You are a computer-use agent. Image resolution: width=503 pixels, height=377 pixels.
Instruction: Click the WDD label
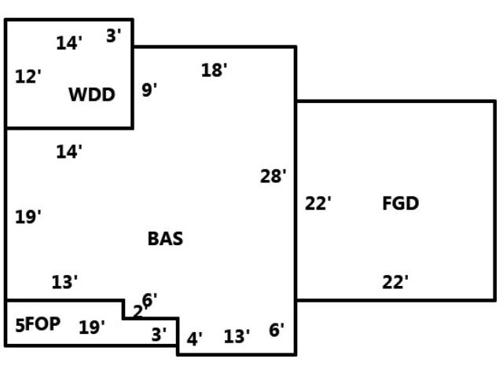click(x=92, y=95)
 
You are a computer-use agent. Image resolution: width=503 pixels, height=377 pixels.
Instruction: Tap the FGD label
click(x=400, y=203)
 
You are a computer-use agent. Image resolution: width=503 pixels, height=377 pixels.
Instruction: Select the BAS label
click(x=165, y=239)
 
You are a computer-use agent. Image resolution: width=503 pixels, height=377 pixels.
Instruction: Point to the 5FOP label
click(x=38, y=324)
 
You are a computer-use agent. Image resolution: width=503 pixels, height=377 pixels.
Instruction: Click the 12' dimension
click(x=28, y=76)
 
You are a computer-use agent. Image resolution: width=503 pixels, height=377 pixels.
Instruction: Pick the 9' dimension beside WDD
click(x=149, y=90)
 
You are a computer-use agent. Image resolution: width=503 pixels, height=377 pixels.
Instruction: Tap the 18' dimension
click(x=214, y=70)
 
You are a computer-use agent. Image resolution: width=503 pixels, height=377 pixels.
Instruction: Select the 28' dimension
click(x=274, y=176)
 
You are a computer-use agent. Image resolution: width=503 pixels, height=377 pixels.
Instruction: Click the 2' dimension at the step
click(x=138, y=312)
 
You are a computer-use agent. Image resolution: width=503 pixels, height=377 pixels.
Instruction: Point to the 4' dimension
click(x=194, y=339)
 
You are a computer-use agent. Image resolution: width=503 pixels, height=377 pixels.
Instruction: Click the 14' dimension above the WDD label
click(x=69, y=43)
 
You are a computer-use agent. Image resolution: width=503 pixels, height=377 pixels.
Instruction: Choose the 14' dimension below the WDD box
click(x=69, y=152)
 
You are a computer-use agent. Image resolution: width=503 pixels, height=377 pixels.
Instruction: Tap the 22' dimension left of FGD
click(x=318, y=203)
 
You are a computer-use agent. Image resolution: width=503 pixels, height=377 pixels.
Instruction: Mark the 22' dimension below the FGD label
click(x=395, y=282)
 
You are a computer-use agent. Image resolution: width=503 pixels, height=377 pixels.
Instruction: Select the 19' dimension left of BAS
click(x=28, y=217)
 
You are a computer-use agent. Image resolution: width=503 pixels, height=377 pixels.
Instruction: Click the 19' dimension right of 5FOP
click(x=92, y=328)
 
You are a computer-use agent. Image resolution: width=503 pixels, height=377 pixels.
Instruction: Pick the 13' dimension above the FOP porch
click(x=64, y=282)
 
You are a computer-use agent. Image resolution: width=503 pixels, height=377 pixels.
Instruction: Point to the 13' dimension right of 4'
click(x=237, y=337)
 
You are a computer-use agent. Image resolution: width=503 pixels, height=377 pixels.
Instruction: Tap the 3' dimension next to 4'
click(x=159, y=334)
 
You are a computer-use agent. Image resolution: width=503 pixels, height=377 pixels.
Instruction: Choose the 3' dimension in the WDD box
click(x=114, y=35)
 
